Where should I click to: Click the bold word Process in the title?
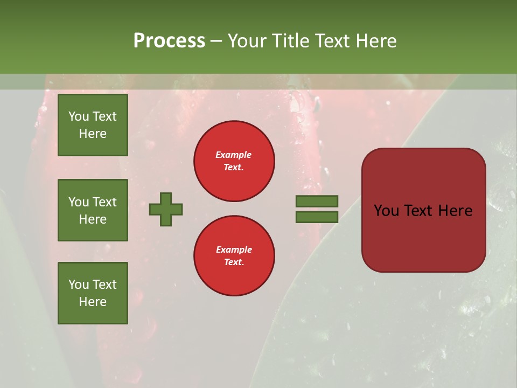[169, 41]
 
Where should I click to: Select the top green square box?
[93, 125]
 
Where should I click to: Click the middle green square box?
[93, 210]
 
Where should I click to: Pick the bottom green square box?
[93, 293]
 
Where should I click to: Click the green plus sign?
[166, 209]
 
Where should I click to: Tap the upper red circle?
[234, 161]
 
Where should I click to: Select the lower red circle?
[234, 256]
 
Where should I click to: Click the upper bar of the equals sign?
[317, 201]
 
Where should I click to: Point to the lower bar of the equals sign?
[317, 217]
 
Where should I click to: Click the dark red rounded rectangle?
[423, 237]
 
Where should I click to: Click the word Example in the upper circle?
[233, 155]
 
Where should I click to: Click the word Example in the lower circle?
[234, 250]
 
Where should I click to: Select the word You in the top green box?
[78, 116]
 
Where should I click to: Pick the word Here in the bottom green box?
[93, 302]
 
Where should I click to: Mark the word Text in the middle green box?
[104, 202]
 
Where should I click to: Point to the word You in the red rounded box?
[386, 211]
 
